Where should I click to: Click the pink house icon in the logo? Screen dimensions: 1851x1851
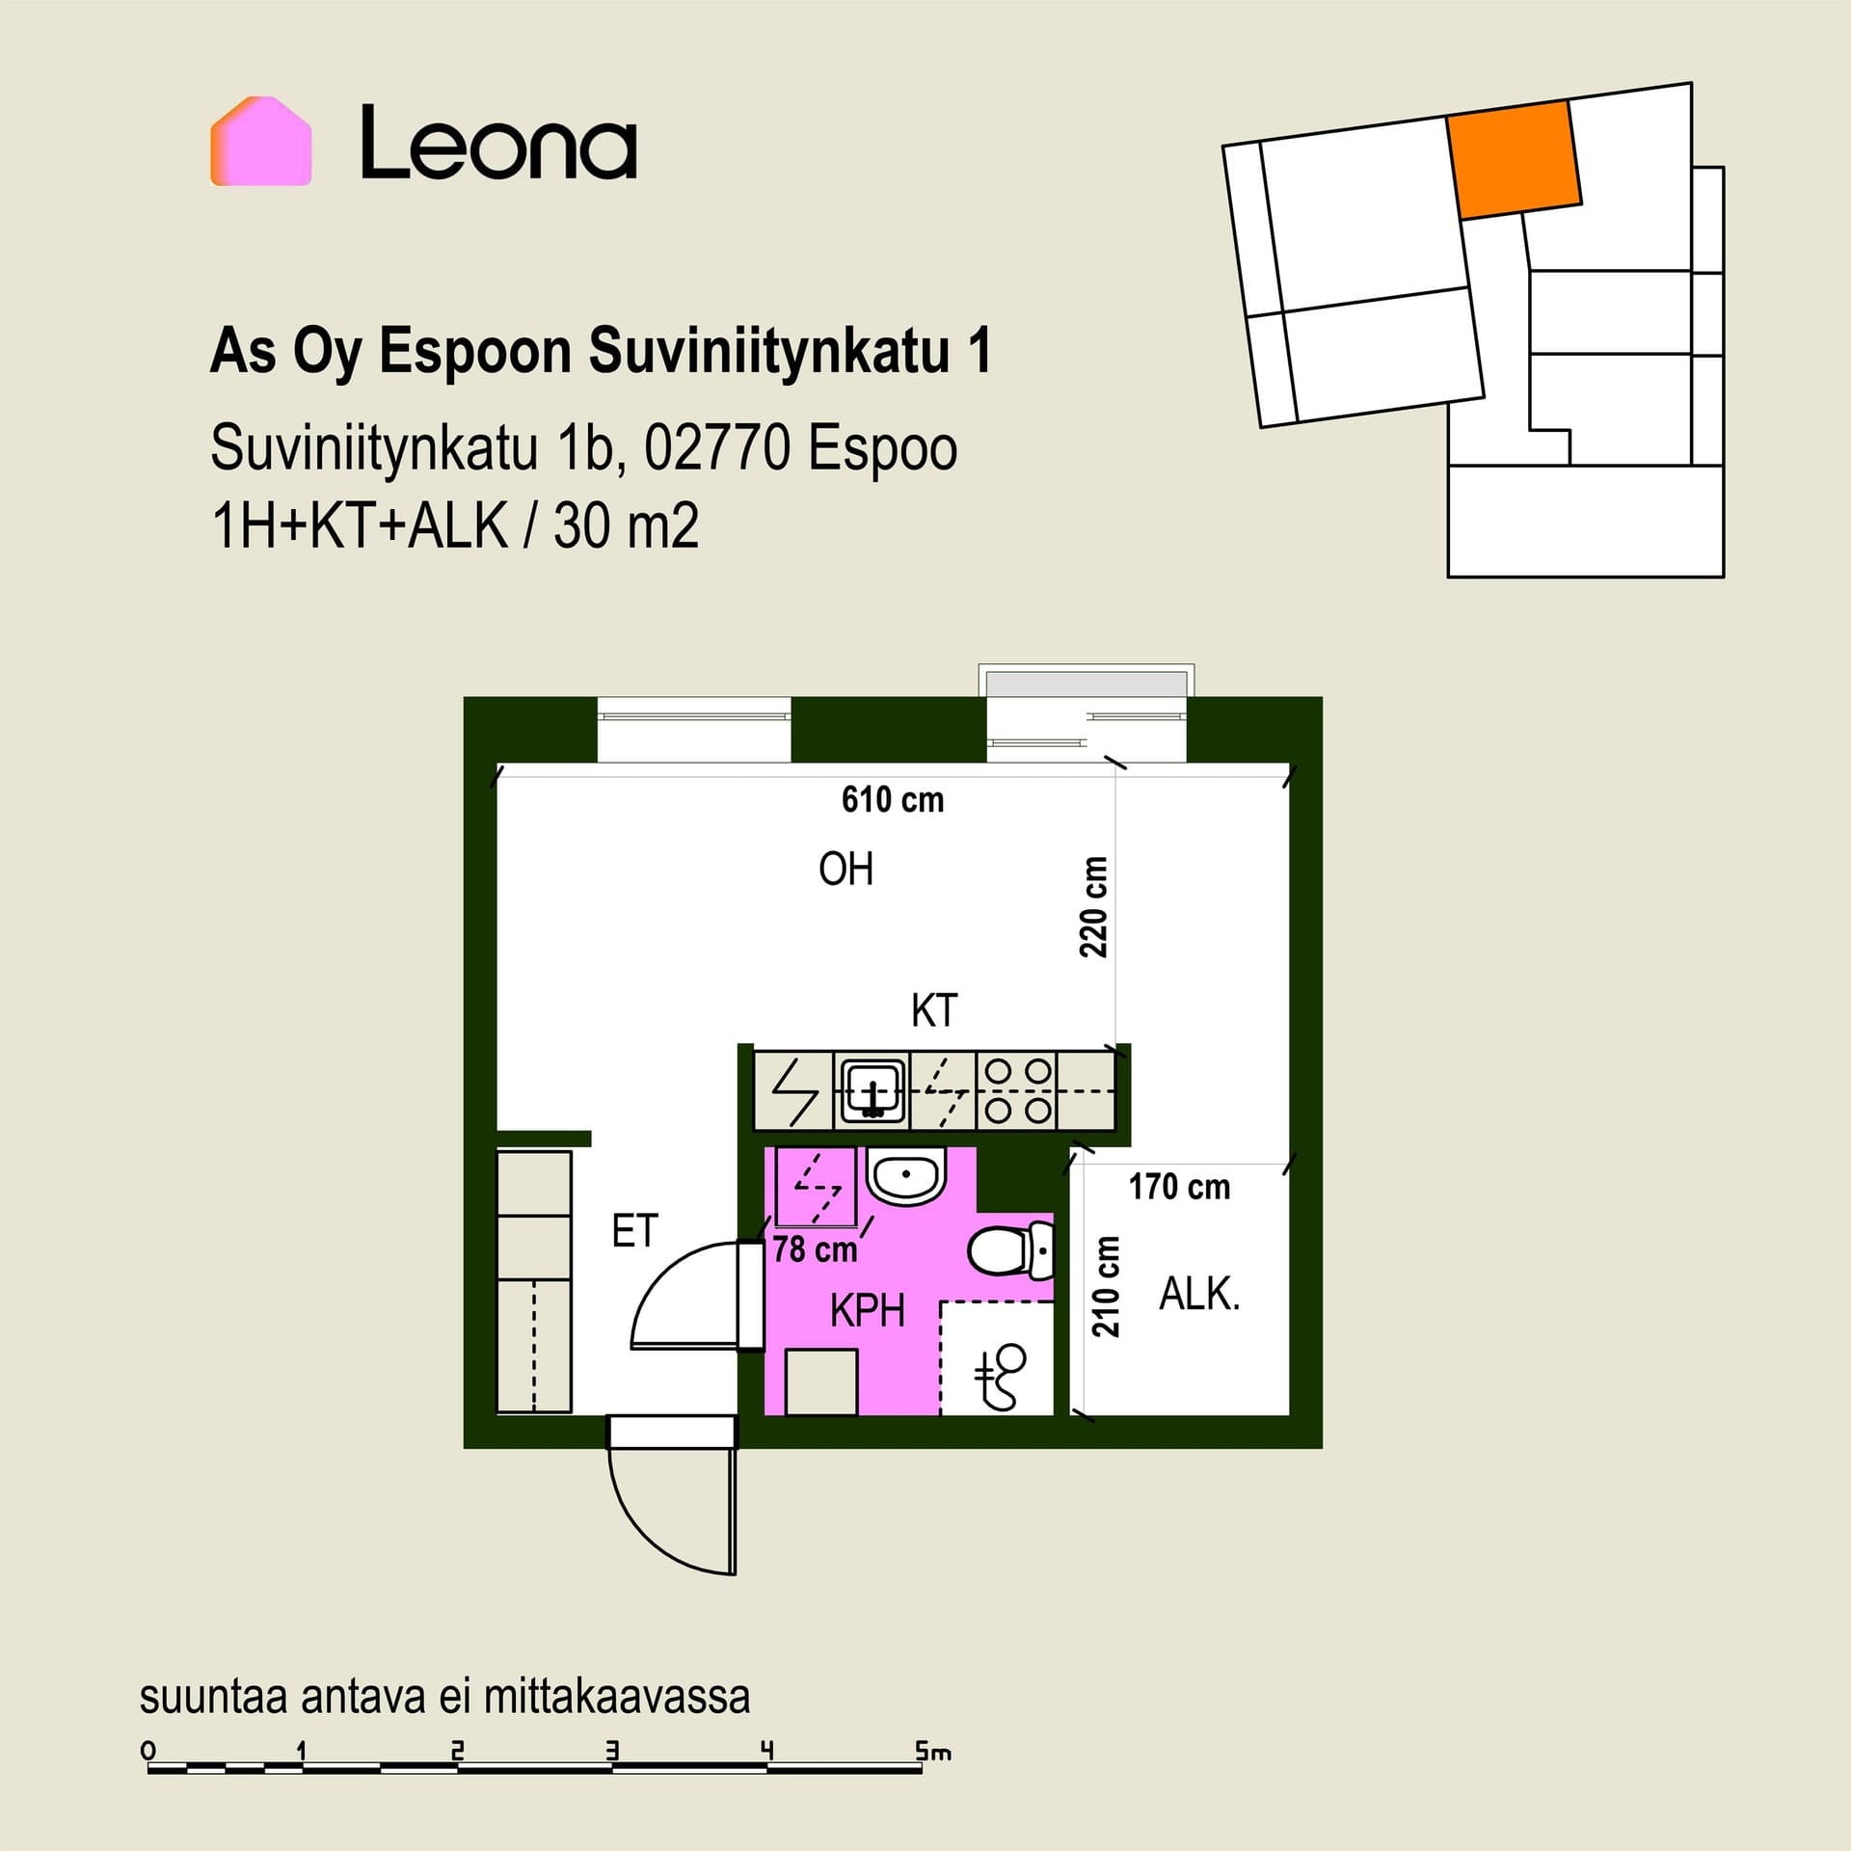(x=261, y=141)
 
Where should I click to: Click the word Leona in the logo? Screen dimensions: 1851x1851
(x=498, y=143)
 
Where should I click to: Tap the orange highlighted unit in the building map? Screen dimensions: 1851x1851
(x=1514, y=160)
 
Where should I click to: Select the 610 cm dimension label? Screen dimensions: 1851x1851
(x=893, y=800)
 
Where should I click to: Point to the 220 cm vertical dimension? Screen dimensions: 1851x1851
(x=1094, y=906)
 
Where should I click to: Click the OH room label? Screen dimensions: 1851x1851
(x=846, y=870)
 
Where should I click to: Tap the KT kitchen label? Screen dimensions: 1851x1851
(x=934, y=1011)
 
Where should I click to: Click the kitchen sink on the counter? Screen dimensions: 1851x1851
(x=873, y=1091)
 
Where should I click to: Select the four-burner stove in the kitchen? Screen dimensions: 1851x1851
(x=1018, y=1091)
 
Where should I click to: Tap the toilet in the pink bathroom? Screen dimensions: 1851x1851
(x=1011, y=1250)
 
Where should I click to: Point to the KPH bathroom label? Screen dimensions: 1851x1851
(x=868, y=1311)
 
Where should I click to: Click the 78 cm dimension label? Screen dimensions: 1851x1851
(x=815, y=1249)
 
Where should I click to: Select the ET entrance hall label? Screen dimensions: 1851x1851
(x=634, y=1231)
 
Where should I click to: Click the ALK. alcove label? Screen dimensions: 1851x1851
(x=1199, y=1294)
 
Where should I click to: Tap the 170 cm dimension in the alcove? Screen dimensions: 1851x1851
(x=1180, y=1187)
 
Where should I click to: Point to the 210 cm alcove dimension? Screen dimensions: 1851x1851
(x=1107, y=1286)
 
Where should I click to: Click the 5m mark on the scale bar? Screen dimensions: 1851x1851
(x=933, y=1750)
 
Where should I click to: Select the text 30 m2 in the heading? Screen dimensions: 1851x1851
(x=626, y=526)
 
